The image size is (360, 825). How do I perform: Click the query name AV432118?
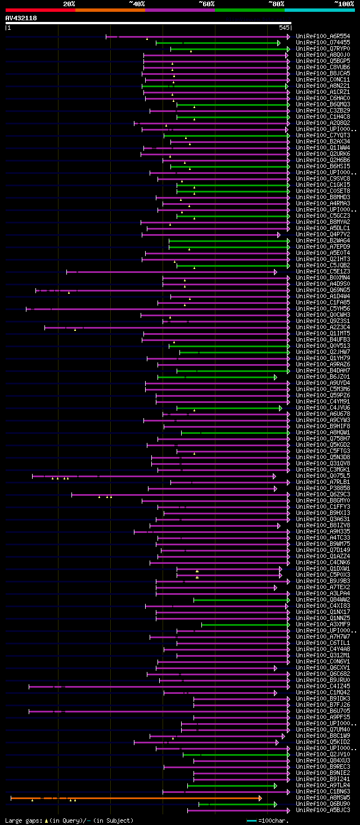click(x=21, y=18)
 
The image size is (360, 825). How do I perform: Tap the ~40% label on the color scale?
click(x=137, y=4)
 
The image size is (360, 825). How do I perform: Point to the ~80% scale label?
click(x=276, y=4)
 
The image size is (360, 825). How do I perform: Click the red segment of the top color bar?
click(x=40, y=10)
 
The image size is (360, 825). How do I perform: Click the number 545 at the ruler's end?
click(x=284, y=28)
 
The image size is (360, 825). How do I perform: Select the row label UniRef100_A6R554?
click(x=323, y=37)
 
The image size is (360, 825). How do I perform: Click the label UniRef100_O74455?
click(x=323, y=43)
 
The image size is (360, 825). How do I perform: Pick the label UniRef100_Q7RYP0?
click(x=323, y=49)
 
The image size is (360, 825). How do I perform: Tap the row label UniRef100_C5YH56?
click(x=323, y=309)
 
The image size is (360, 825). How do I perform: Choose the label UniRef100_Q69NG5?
click(x=323, y=290)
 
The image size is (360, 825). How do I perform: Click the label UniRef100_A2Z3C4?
click(x=323, y=328)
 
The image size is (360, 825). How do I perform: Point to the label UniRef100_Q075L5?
click(x=323, y=476)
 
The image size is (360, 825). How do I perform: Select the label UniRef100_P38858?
click(x=323, y=488)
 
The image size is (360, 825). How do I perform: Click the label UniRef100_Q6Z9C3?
click(x=323, y=495)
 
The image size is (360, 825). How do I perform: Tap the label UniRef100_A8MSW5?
click(x=323, y=798)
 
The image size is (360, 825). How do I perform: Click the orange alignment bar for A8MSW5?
click(x=135, y=798)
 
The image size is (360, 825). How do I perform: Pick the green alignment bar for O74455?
click(x=217, y=43)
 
